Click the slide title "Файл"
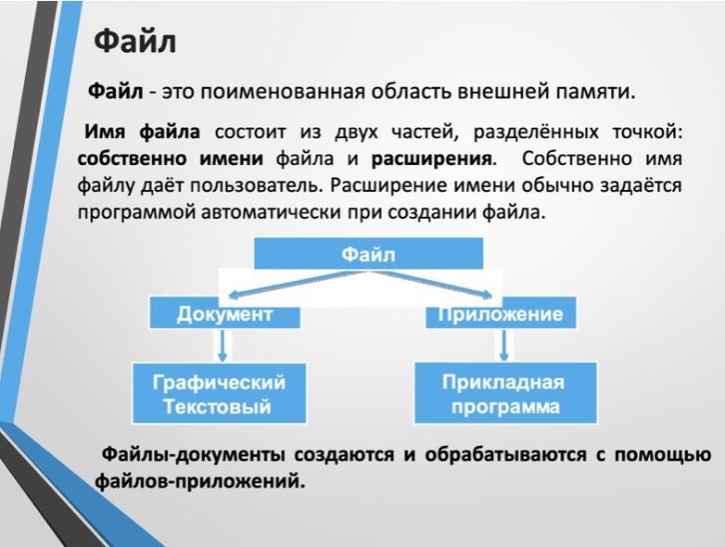click(135, 42)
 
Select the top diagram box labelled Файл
click(368, 253)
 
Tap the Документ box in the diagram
click(224, 313)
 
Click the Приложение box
click(501, 313)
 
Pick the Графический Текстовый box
click(219, 393)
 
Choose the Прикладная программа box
click(505, 393)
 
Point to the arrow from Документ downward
click(223, 346)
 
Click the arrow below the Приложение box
click(504, 345)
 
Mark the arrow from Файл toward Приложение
click(432, 285)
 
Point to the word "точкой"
click(647, 133)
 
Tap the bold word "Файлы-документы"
click(193, 455)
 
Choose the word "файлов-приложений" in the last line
click(200, 482)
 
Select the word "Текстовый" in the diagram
click(217, 406)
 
